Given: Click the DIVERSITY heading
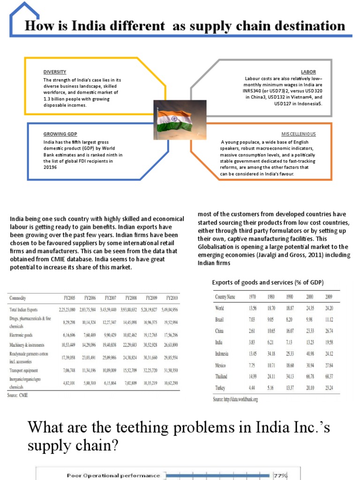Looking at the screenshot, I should tap(55, 72).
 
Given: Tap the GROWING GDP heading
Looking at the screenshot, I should tap(60, 134).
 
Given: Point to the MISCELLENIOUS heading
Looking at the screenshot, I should tap(298, 134).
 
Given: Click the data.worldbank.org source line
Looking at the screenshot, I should tap(235, 399).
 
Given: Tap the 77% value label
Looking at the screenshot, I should tap(280, 475).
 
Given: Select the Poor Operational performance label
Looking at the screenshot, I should tap(113, 475).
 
